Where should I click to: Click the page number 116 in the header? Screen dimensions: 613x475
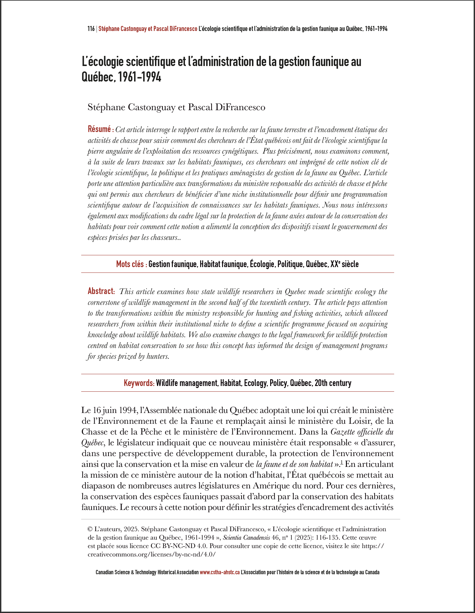pos(91,29)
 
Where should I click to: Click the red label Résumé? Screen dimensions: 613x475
pos(99,129)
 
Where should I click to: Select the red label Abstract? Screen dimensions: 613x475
pos(101,291)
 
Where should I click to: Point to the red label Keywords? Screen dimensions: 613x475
pos(139,383)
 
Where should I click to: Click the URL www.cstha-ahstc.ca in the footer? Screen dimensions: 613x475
pos(220,572)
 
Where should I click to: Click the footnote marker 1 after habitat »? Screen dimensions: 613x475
pos(342,463)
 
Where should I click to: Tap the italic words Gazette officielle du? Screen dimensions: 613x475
pos(362,432)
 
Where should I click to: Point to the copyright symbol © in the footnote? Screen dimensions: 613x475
pos(90,529)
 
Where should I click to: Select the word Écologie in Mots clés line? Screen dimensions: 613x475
pos(262,264)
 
